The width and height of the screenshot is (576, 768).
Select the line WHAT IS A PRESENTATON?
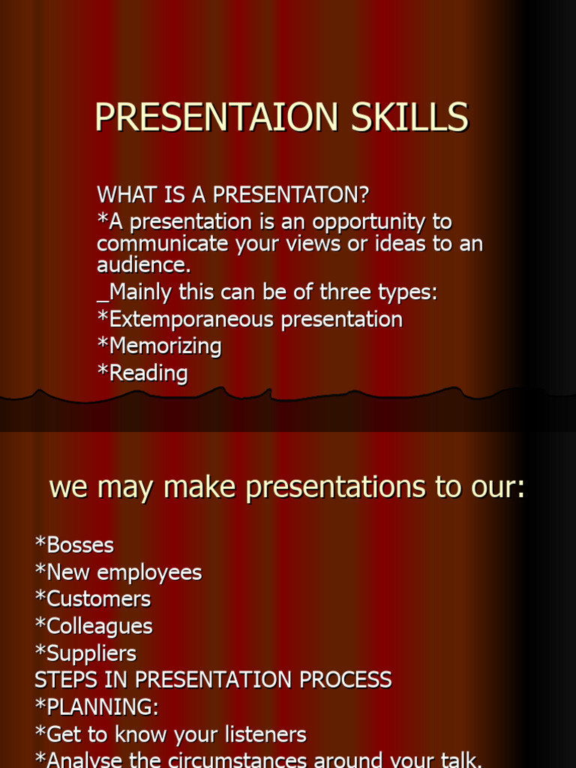[x=233, y=195]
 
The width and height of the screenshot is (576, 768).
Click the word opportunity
[x=372, y=223]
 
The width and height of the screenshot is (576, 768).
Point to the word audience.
[x=142, y=265]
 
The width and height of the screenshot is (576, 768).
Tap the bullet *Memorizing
[x=160, y=346]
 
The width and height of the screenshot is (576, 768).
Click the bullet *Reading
[x=142, y=373]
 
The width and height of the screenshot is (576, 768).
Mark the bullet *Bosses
[x=74, y=545]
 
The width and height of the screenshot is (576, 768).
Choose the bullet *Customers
[x=93, y=599]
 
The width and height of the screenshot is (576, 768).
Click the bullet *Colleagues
[x=94, y=626]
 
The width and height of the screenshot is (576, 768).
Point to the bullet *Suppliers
[x=85, y=653]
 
